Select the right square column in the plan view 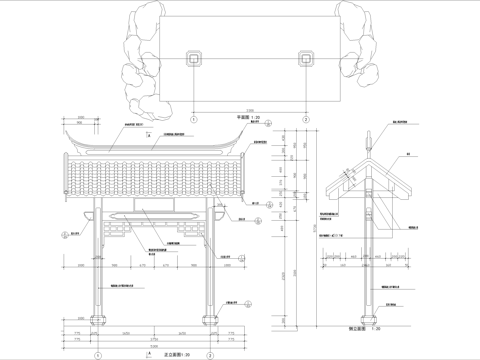[304, 59]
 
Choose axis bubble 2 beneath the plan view [304, 117]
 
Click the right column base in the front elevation [212, 323]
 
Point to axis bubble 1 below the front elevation [98, 353]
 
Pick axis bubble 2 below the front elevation [212, 353]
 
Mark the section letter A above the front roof [149, 134]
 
